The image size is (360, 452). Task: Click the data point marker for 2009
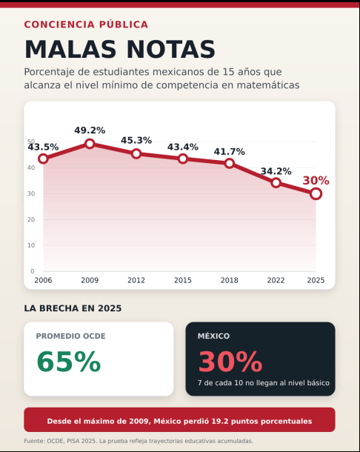tap(90, 144)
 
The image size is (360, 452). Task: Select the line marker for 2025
tap(316, 193)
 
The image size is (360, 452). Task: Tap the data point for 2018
tap(230, 164)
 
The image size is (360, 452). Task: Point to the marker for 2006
tap(43, 159)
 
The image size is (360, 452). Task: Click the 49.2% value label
tap(90, 130)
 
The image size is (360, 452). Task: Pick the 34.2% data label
tap(276, 171)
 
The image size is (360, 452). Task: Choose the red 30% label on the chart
tap(316, 181)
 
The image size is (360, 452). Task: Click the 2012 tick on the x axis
tap(136, 280)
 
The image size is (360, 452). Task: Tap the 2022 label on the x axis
tap(276, 280)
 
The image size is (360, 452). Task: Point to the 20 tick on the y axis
tap(31, 219)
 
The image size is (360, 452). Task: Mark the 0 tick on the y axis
tap(33, 271)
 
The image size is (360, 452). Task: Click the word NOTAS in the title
tap(171, 49)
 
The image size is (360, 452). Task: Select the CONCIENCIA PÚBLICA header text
tap(86, 24)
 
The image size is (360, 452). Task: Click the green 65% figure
tap(69, 362)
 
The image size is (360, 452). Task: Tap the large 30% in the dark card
tap(230, 362)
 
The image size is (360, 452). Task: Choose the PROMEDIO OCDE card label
tap(70, 336)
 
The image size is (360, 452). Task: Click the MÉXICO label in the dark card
tap(213, 336)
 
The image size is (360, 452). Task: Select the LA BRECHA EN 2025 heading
tap(73, 308)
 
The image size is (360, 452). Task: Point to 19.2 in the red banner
tap(220, 421)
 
